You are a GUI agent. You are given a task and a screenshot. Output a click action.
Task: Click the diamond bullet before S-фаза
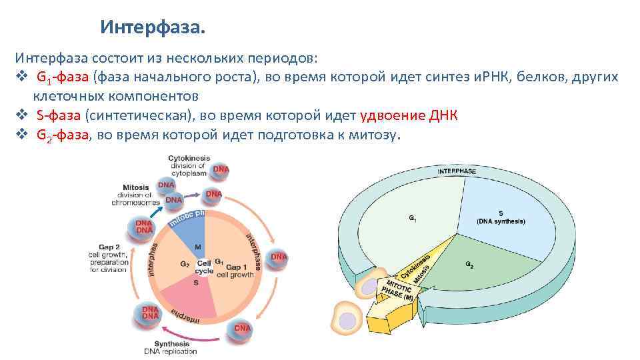pos(21,115)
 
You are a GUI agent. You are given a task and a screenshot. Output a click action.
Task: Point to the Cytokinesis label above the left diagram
pos(189,159)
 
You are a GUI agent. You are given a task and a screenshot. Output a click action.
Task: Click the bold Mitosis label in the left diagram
pos(136,187)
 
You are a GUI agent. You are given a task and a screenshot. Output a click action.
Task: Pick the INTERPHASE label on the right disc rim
pos(457,171)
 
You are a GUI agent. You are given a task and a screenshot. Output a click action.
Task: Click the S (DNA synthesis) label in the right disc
pos(501,217)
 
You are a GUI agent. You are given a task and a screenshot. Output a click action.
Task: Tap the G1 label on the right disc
pos(411,217)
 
